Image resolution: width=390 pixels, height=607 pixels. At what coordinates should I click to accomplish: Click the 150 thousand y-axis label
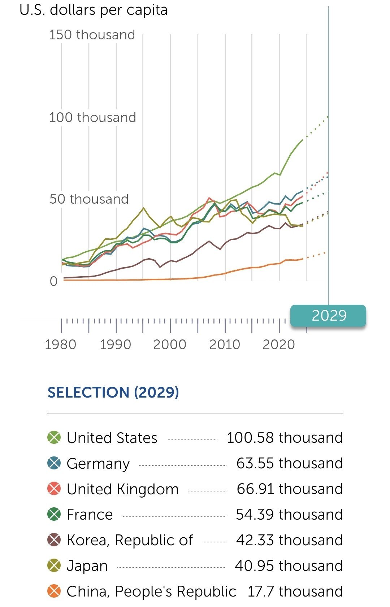(92, 35)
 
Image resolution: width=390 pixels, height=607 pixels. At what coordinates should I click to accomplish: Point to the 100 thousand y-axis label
(92, 118)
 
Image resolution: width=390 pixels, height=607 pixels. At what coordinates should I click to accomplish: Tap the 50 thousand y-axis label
(89, 199)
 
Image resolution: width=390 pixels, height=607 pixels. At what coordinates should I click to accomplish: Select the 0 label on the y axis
(53, 281)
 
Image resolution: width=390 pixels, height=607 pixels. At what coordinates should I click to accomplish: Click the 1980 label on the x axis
(61, 345)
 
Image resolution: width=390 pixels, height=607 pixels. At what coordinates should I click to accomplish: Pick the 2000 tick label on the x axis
(170, 345)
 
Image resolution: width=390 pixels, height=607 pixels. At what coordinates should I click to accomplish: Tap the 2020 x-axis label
(279, 345)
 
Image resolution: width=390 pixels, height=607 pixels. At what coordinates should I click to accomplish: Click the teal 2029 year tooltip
(329, 316)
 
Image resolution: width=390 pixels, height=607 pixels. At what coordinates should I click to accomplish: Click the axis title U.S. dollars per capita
(94, 10)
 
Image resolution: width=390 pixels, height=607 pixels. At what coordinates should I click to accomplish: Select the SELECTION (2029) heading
(113, 393)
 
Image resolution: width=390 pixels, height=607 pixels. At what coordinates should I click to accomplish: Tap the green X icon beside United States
(54, 438)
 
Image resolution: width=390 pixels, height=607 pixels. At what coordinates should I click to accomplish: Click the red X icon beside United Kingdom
(54, 489)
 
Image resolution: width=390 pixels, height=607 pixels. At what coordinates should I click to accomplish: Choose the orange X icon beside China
(54, 591)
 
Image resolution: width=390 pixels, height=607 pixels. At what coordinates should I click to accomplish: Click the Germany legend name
(98, 464)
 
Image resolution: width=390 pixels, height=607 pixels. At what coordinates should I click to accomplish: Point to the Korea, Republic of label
(130, 540)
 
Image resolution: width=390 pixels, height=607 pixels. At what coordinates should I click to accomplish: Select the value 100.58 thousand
(285, 438)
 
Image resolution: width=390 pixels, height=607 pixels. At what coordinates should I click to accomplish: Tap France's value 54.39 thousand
(289, 515)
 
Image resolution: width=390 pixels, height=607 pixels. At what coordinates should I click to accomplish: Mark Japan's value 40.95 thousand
(289, 566)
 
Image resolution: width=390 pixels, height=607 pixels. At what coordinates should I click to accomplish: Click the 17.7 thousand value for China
(295, 591)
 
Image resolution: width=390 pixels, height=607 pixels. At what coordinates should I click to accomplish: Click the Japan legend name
(87, 566)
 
